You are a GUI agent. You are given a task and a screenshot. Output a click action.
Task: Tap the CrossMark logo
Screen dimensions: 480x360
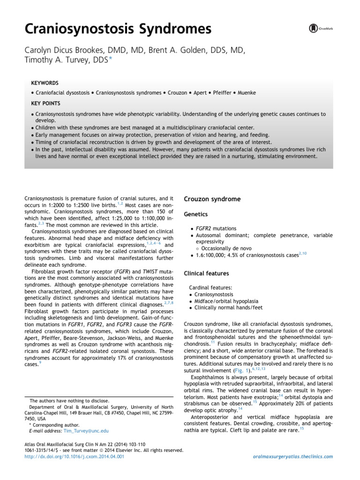click(x=322, y=29)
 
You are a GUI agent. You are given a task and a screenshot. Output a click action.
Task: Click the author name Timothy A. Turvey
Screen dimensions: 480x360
click(x=60, y=60)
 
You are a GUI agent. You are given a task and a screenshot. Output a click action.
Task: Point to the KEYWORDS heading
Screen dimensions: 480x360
click(x=45, y=82)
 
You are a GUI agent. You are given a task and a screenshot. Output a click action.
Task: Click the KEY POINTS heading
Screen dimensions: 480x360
click(x=45, y=103)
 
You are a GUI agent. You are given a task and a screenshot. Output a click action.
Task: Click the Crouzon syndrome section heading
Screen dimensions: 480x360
click(x=213, y=199)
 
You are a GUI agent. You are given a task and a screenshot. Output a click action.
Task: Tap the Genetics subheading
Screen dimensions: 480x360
click(x=197, y=213)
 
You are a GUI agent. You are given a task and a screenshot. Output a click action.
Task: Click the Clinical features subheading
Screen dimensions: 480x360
click(x=206, y=273)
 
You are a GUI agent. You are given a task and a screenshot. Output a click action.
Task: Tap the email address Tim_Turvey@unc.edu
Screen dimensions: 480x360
click(x=89, y=430)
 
